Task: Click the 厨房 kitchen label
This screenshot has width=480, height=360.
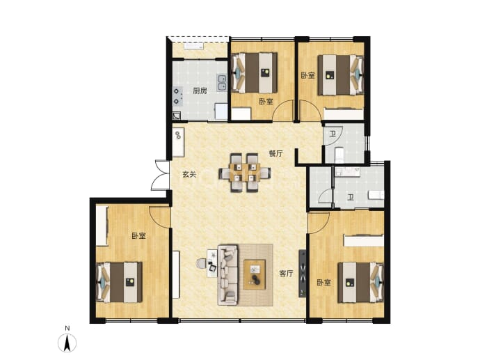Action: click(x=200, y=91)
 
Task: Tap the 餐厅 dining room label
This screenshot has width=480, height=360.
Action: click(x=275, y=153)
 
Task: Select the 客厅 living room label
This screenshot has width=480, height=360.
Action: click(x=286, y=273)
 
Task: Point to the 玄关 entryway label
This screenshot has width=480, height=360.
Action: click(x=189, y=175)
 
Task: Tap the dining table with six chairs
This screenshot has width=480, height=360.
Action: click(x=245, y=173)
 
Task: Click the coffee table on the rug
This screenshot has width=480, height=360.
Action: click(x=255, y=274)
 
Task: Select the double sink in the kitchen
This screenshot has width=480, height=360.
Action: click(x=222, y=83)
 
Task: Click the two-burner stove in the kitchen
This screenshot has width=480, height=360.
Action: click(x=177, y=96)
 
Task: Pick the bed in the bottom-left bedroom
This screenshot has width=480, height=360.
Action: click(x=119, y=282)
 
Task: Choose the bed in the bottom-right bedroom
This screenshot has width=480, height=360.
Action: click(x=361, y=282)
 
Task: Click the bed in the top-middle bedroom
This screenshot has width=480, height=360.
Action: click(x=255, y=73)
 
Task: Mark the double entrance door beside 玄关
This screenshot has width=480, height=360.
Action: click(x=161, y=175)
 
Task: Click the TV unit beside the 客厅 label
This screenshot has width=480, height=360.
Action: click(x=302, y=273)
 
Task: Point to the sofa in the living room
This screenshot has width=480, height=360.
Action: click(x=227, y=275)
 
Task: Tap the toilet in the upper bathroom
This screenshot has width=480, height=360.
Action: click(x=338, y=155)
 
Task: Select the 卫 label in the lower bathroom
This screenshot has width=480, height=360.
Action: click(x=351, y=197)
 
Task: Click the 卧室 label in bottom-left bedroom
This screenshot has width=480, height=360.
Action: click(x=138, y=235)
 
